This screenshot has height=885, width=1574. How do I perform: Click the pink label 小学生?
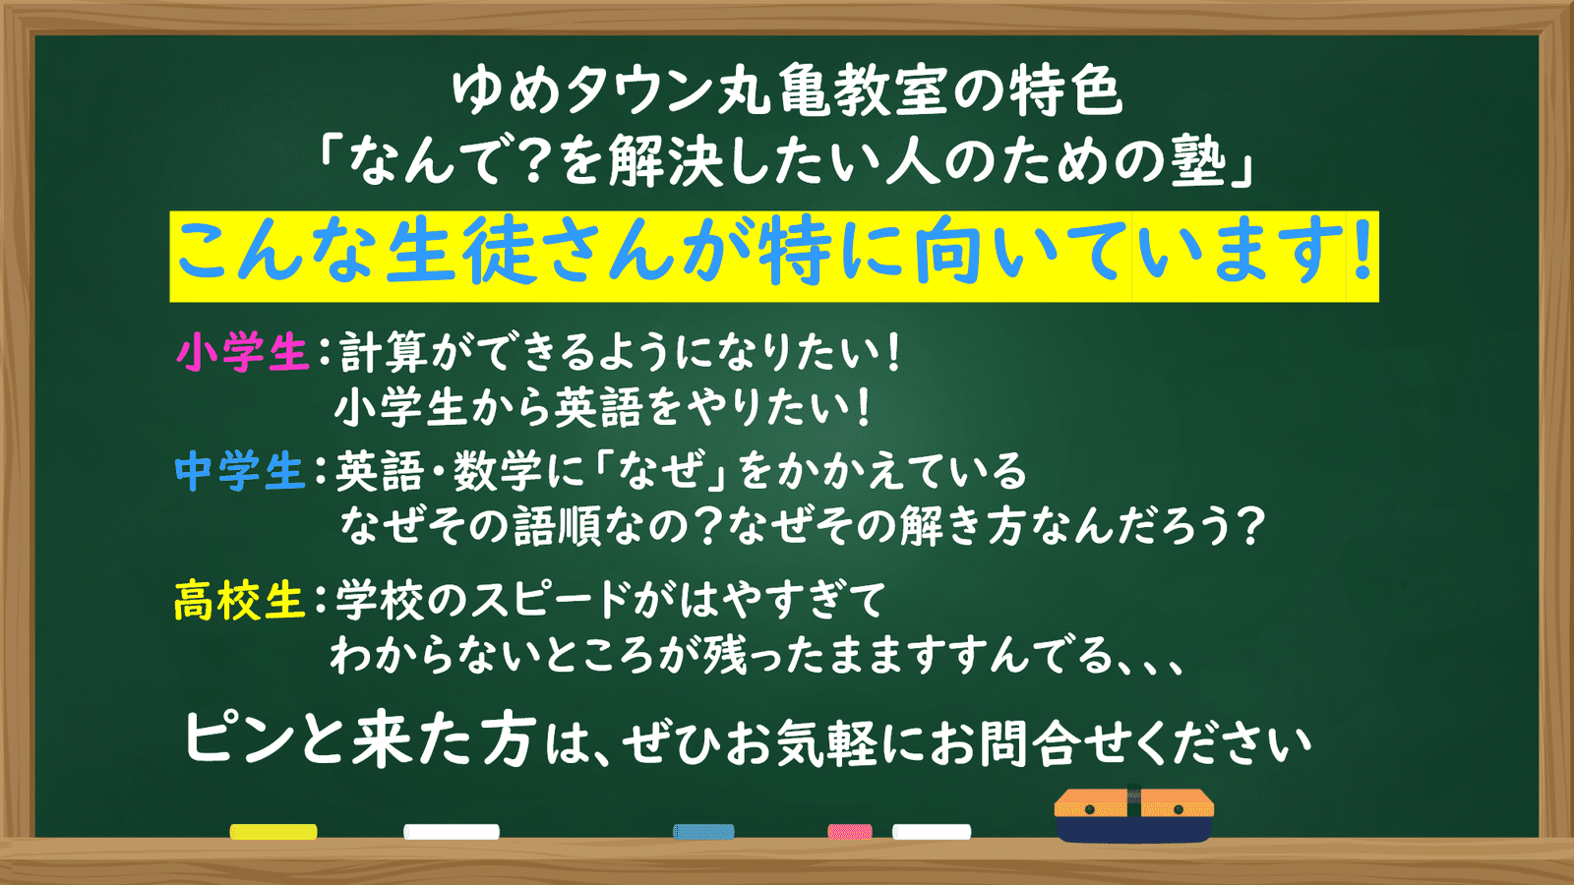242,352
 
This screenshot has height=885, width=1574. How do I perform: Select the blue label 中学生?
240,471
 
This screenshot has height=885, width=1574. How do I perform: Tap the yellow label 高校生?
240,601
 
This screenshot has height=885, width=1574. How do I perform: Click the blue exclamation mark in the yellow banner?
1362,250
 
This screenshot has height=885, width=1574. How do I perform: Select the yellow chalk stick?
273,832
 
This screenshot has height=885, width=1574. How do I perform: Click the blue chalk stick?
703,832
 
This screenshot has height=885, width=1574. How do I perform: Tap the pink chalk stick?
850,832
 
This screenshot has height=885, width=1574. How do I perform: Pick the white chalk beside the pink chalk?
932,832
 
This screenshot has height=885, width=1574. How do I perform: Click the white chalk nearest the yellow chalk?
452,832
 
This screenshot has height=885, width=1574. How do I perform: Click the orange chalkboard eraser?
1134,815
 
